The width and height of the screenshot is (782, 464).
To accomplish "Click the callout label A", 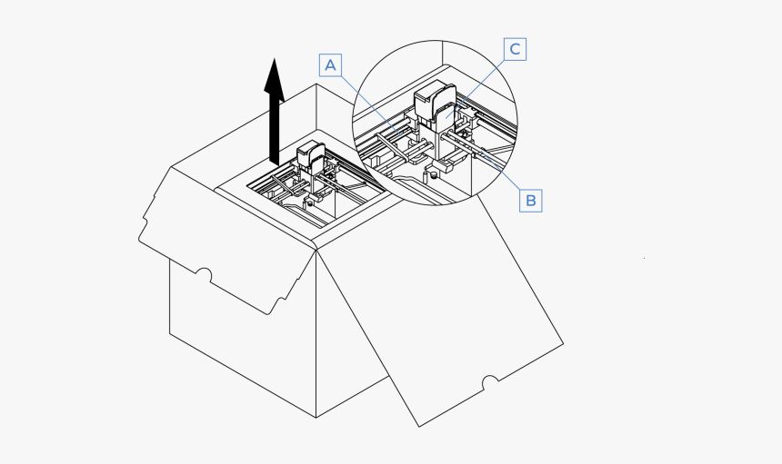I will [331, 64].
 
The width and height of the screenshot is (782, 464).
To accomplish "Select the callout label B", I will [530, 199].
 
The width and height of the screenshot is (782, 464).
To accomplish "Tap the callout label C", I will [515, 49].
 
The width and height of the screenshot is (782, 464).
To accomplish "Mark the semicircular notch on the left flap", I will [204, 273].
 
